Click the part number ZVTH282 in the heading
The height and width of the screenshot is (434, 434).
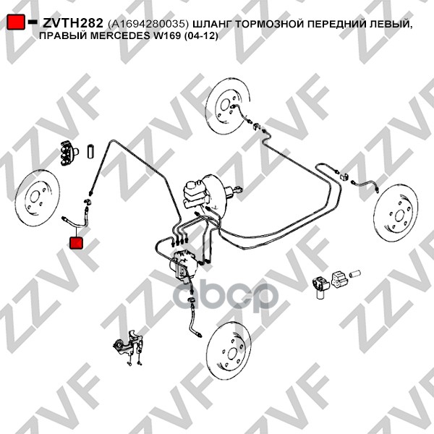click(x=73, y=23)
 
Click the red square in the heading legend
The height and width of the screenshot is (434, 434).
click(x=16, y=22)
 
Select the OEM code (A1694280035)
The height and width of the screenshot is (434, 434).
click(x=148, y=25)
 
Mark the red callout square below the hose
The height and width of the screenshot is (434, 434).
click(x=76, y=242)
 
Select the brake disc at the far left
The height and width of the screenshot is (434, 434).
click(x=38, y=197)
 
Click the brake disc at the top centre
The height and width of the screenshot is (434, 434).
click(x=228, y=106)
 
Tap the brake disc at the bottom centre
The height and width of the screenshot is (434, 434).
click(x=229, y=351)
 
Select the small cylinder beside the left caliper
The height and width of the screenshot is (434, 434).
click(x=91, y=151)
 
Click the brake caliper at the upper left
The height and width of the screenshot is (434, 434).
click(x=69, y=153)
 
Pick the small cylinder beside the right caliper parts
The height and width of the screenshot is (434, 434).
click(x=354, y=273)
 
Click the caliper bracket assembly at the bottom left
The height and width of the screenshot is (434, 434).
click(x=129, y=346)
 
